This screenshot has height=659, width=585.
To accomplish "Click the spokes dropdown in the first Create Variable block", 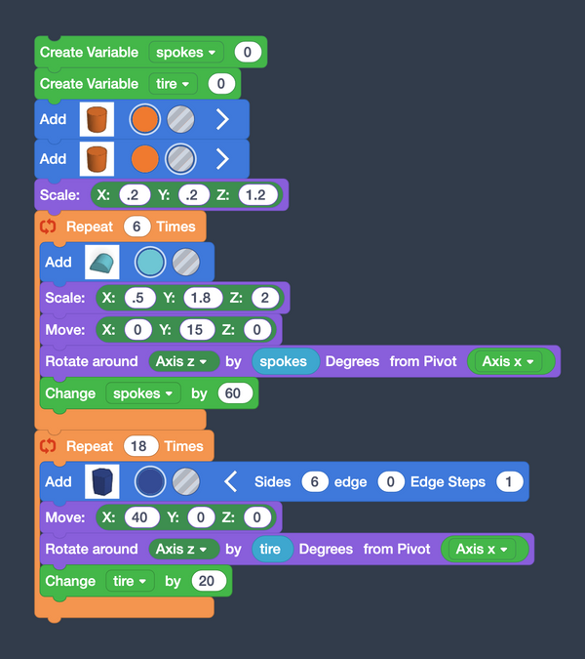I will tap(185, 52).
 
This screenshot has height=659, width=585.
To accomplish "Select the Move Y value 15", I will tap(195, 330).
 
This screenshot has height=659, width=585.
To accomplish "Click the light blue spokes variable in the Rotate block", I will tap(285, 361).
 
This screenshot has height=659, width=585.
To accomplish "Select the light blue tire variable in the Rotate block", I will tap(270, 549).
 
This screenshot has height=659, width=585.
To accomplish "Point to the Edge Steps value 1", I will tap(508, 481).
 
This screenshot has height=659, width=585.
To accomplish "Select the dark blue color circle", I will tap(149, 481).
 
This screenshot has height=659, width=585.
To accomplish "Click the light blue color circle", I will tap(149, 262).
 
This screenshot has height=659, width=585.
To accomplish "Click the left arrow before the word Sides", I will tap(230, 481).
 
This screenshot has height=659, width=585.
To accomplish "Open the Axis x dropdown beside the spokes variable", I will tap(510, 361).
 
